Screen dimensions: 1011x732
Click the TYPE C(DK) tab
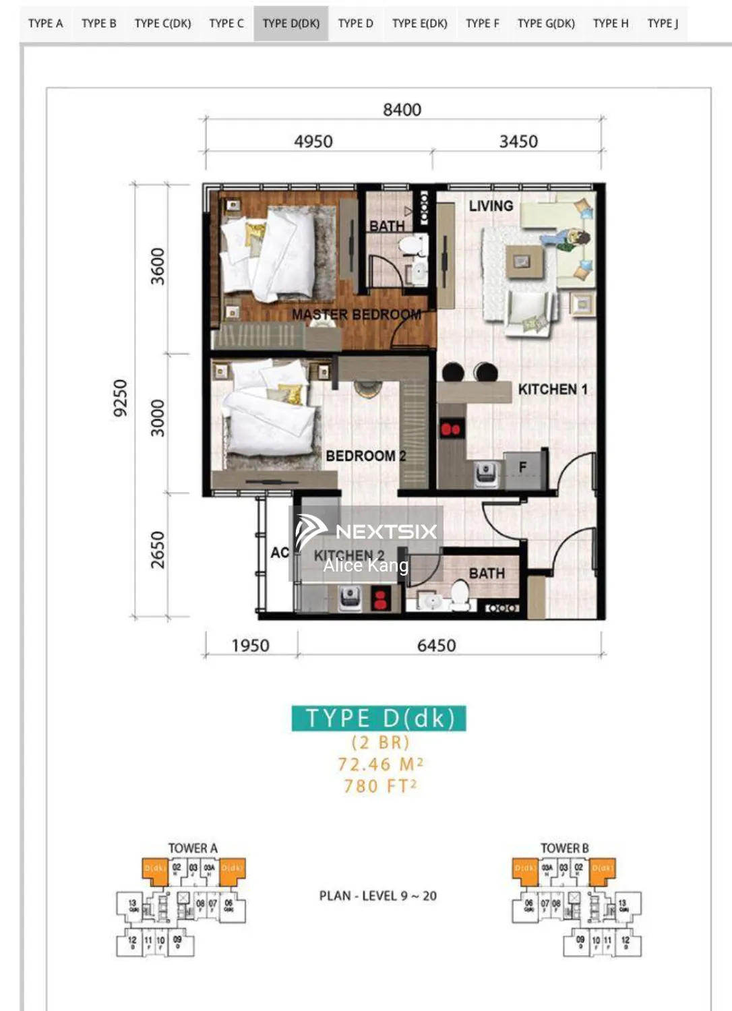pos(162,24)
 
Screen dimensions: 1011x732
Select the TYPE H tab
pos(610,24)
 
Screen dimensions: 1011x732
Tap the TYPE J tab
pos(662,24)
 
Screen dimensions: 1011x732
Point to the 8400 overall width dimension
pos(402,109)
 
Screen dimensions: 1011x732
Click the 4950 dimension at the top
pos(313,142)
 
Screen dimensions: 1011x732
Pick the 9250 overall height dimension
pos(120,398)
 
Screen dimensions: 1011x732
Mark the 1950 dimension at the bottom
pos(250,646)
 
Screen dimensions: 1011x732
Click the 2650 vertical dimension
pos(157,550)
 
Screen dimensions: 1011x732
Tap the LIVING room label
pos(491,206)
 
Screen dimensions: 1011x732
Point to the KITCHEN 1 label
pos(552,390)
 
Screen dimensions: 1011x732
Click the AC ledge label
pos(280,553)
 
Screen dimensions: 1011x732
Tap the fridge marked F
pos(522,468)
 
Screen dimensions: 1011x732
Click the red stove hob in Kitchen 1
pos(450,429)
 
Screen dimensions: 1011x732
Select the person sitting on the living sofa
pos(573,239)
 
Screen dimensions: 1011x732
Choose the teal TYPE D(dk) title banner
pos(379,718)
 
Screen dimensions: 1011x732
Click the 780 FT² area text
pos(380,787)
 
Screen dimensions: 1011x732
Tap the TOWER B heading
pos(564,848)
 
